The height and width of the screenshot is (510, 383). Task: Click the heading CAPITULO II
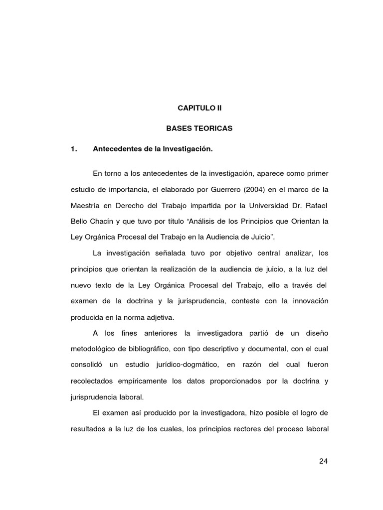point(199,108)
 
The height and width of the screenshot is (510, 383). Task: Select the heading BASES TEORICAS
point(199,128)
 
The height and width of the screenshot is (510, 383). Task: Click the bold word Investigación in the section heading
point(190,149)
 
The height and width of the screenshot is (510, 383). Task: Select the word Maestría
point(86,205)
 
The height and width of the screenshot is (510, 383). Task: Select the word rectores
point(239,428)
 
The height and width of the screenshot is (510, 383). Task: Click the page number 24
point(323,461)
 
